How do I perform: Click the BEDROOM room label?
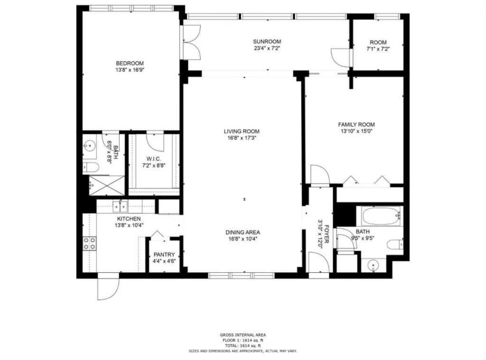[x=130, y=63]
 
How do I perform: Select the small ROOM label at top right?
[x=378, y=42]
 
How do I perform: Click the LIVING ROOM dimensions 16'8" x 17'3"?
[x=242, y=138]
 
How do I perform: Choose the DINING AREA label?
[x=242, y=232]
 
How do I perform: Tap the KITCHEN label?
[x=129, y=219]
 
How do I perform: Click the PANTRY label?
[x=164, y=254]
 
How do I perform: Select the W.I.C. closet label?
[x=155, y=158]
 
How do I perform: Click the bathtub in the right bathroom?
[x=382, y=216]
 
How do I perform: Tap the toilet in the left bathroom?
[x=90, y=166]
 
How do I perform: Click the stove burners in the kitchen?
[x=89, y=243]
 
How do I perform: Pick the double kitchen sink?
[x=120, y=206]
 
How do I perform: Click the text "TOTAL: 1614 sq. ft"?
[x=243, y=346]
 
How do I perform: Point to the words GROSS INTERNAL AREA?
[x=243, y=335]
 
